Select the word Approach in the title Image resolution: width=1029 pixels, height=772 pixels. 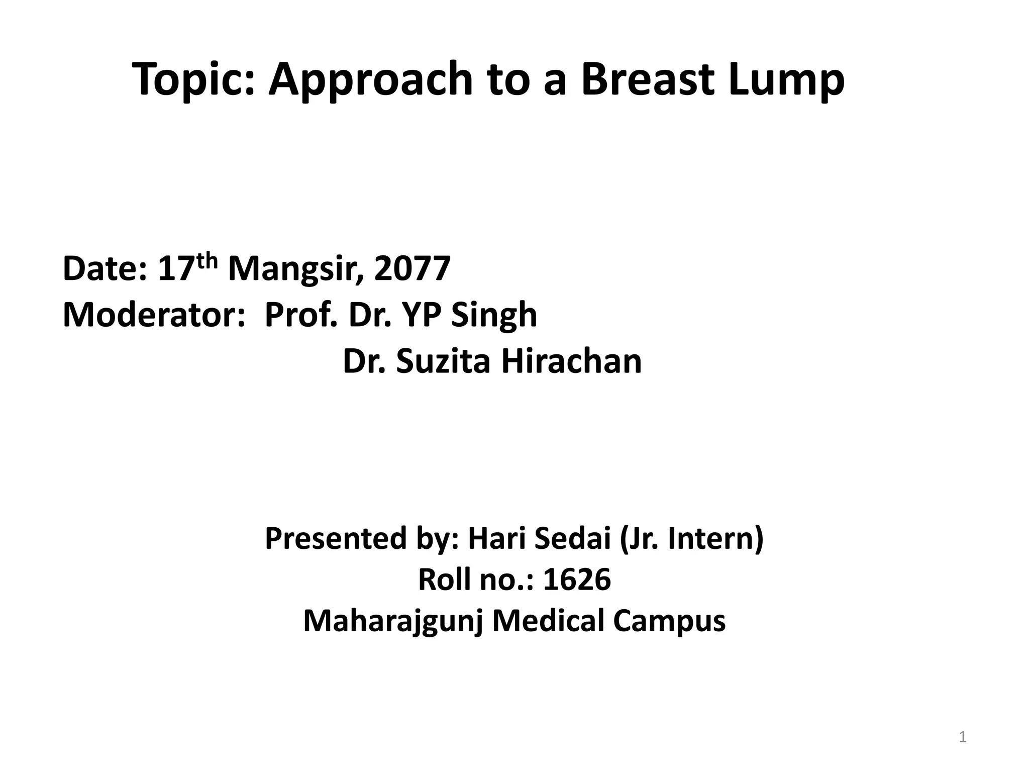tap(371, 79)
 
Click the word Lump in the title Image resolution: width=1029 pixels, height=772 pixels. tap(787, 79)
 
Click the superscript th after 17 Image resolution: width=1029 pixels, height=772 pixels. tap(207, 261)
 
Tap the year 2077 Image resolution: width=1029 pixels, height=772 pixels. tap(412, 269)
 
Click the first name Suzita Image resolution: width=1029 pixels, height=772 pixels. tap(443, 361)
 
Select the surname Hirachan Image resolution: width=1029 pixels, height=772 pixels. tap(571, 361)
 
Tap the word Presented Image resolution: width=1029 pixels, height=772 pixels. tap(335, 538)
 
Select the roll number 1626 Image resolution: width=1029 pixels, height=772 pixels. tap(577, 580)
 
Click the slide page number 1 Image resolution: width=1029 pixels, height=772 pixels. tap(963, 737)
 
